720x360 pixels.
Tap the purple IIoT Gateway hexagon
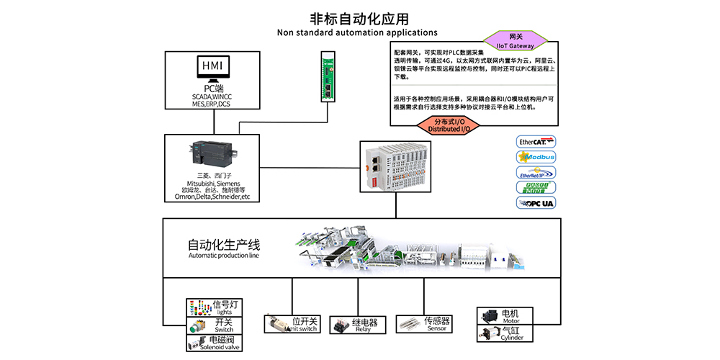[515, 41]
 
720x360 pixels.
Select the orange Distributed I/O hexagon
[445, 125]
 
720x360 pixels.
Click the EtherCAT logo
[536, 142]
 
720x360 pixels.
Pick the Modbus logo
[536, 157]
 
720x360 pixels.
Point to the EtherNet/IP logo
[536, 172]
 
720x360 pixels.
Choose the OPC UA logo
[536, 202]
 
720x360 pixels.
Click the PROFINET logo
[536, 187]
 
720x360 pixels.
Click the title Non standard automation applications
[357, 32]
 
